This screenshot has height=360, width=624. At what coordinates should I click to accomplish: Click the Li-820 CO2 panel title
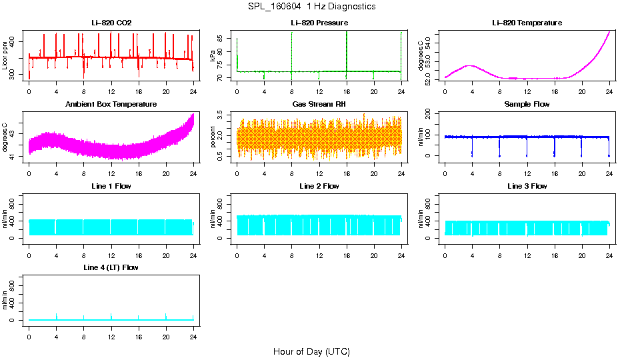111,23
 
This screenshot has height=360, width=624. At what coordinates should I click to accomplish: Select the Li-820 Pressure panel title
319,23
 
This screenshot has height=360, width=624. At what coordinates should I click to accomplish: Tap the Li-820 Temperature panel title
527,23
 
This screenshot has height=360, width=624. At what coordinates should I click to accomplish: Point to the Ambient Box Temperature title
111,105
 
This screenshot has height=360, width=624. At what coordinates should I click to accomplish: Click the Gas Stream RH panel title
319,105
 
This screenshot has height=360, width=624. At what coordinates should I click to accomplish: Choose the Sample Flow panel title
527,105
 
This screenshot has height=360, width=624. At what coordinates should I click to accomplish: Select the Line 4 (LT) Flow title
111,267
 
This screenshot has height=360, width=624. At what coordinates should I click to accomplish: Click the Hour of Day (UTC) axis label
311,351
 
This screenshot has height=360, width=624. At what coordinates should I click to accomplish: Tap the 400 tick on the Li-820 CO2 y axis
15,41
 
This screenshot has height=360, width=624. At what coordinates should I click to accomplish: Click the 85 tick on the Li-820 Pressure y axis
223,39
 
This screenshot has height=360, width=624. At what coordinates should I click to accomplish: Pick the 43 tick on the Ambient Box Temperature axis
15,134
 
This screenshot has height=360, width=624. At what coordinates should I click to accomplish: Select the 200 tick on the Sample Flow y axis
431,115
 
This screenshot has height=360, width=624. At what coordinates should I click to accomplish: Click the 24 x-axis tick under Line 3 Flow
609,249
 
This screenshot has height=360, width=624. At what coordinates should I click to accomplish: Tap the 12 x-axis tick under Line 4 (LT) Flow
111,330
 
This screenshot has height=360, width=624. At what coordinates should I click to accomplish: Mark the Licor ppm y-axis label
5,56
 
